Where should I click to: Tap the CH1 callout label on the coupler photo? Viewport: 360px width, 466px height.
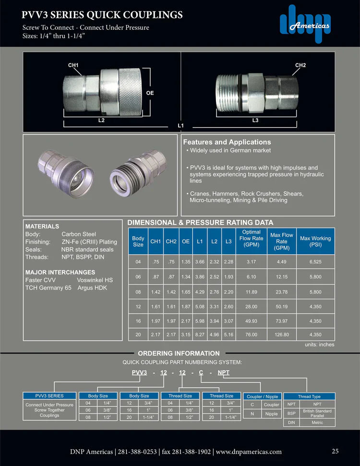click(x=73, y=65)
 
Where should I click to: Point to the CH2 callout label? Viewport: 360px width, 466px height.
click(x=300, y=65)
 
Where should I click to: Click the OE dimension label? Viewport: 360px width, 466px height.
click(x=150, y=93)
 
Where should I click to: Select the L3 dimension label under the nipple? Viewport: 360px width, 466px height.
click(x=255, y=121)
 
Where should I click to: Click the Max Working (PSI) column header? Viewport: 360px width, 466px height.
click(x=315, y=238)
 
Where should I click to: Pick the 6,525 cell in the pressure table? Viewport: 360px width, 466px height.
click(x=315, y=262)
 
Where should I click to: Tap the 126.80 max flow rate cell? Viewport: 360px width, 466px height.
click(x=282, y=334)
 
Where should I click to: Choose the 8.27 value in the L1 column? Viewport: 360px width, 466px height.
click(x=200, y=334)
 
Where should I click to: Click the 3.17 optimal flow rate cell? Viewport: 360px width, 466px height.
click(x=251, y=262)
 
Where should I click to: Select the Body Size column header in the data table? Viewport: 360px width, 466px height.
click(x=138, y=241)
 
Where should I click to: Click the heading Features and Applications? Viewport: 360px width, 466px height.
click(x=227, y=142)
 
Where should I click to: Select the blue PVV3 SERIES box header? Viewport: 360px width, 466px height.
click(x=49, y=396)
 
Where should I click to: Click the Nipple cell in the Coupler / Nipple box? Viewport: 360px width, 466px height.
click(x=271, y=414)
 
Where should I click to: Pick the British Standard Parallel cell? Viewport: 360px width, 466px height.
click(x=317, y=413)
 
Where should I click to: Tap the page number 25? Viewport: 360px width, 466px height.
click(x=335, y=451)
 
